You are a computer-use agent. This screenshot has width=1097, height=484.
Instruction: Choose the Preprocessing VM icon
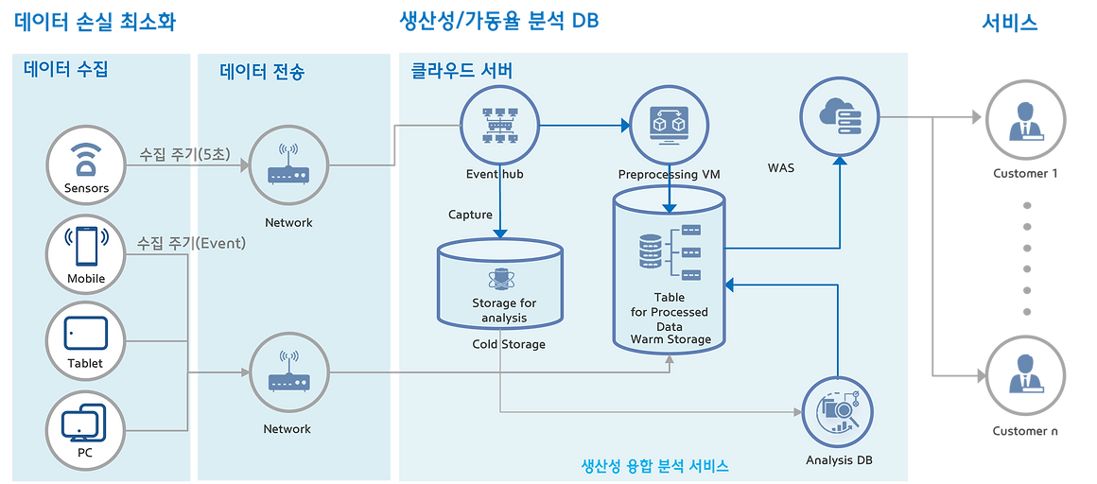(x=669, y=127)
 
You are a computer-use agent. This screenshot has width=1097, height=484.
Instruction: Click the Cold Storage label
(x=509, y=344)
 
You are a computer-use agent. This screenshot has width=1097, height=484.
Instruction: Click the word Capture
(x=470, y=215)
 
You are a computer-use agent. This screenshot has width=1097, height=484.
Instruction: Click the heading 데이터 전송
(x=262, y=71)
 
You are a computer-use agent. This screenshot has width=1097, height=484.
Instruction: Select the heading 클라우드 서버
(x=462, y=71)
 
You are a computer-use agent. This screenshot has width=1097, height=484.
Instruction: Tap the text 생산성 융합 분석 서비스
(x=654, y=467)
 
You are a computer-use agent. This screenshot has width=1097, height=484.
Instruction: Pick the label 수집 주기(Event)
(x=191, y=243)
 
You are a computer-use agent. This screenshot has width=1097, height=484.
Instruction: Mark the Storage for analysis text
(x=504, y=310)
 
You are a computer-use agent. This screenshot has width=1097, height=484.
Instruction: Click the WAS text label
(x=781, y=168)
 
